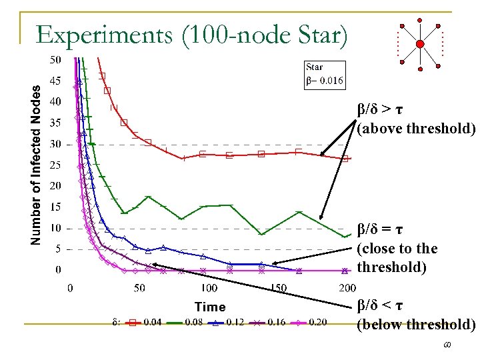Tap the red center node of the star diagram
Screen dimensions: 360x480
[420, 45]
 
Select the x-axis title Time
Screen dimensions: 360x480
[210, 307]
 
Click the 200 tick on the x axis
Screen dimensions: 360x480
[347, 288]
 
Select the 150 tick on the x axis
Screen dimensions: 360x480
[278, 288]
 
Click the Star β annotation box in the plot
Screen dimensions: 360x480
[325, 74]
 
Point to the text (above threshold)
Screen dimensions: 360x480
[416, 128]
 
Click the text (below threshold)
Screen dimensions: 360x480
[416, 325]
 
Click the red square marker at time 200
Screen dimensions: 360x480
[345, 159]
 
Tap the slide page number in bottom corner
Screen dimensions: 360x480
[465, 347]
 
